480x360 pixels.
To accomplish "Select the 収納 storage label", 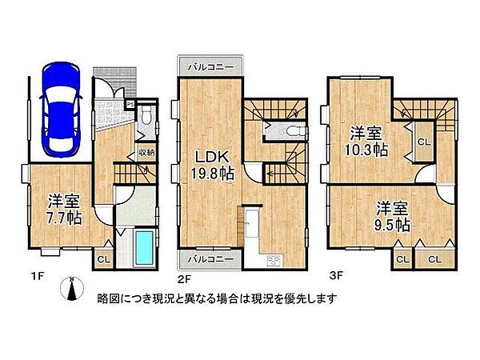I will (x=146, y=152).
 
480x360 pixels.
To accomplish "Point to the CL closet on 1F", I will (x=104, y=259).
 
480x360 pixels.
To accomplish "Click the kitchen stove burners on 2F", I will (x=274, y=259).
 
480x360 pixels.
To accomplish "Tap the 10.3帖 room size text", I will (x=370, y=150).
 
